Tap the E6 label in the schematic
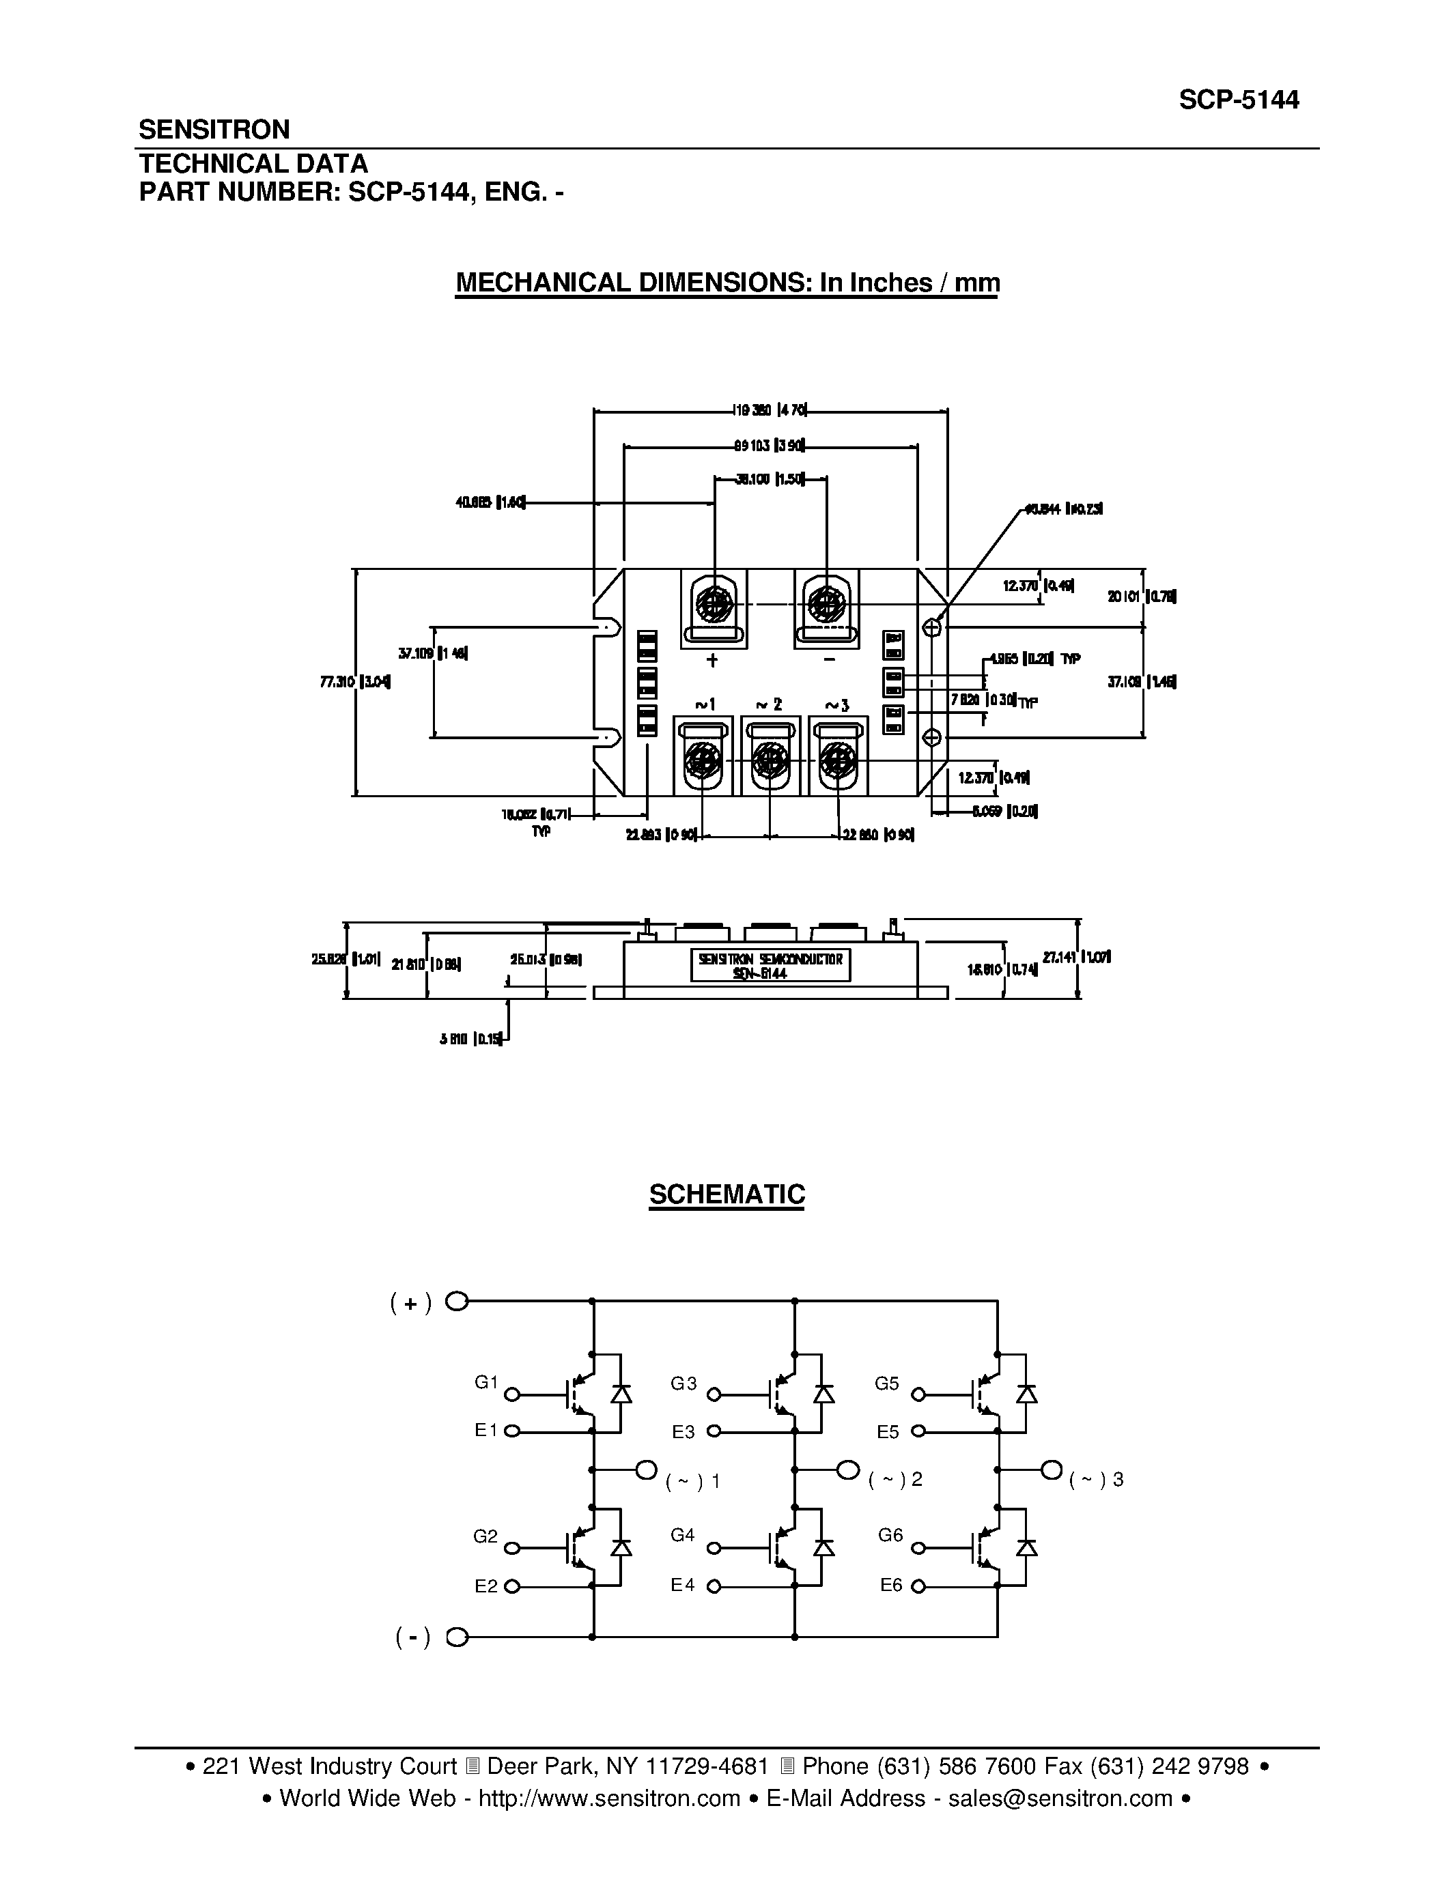click(x=891, y=1585)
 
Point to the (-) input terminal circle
click(x=458, y=1637)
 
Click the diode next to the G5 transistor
click(x=1026, y=1394)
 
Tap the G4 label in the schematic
click(x=683, y=1535)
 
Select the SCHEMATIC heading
click(x=727, y=1194)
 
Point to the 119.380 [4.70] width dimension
click(x=770, y=411)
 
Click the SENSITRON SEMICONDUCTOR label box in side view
click(x=770, y=964)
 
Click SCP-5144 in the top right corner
click(x=1238, y=100)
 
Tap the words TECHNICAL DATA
click(x=253, y=163)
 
